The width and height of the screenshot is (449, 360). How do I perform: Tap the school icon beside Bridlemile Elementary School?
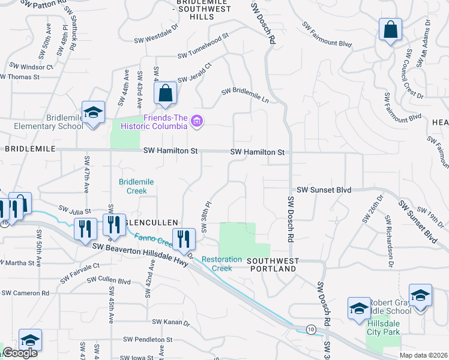click(94, 113)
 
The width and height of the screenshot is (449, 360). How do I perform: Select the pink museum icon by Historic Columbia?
click(196, 122)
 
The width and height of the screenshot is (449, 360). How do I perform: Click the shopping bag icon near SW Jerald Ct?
click(165, 93)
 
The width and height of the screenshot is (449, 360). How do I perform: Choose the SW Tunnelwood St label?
click(203, 46)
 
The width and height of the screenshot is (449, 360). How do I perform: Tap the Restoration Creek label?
click(221, 264)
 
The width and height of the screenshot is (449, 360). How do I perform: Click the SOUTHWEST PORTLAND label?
click(272, 265)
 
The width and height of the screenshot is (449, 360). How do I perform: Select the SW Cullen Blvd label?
click(109, 280)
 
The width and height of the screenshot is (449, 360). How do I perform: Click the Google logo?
click(20, 353)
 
